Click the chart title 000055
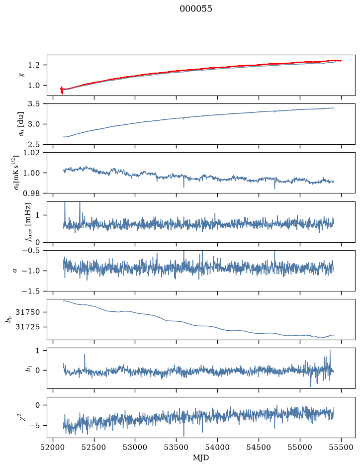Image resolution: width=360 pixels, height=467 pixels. [x=195, y=9]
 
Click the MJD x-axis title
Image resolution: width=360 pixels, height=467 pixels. [x=201, y=458]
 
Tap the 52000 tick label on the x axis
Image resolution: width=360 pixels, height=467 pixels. [x=53, y=447]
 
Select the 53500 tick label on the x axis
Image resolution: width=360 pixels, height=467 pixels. [x=177, y=447]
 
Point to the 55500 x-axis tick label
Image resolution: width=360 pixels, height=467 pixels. [x=341, y=447]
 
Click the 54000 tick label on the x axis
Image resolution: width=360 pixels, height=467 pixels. [x=218, y=447]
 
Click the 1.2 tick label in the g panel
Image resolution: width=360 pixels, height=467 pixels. [x=33, y=65]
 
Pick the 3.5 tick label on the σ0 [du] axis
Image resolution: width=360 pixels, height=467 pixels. [x=33, y=103]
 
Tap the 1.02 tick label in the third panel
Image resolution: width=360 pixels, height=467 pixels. [x=31, y=153]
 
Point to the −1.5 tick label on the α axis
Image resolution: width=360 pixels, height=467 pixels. [x=30, y=291]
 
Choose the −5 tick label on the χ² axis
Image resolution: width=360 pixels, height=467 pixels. [x=34, y=426]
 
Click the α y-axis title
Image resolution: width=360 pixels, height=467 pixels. [x=15, y=271]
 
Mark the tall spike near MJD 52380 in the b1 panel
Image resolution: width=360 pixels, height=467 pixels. [x=85, y=354]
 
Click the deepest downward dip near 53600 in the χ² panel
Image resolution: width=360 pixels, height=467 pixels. [x=183, y=436]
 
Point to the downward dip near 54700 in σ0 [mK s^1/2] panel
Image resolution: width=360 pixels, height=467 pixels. [x=274, y=188]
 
